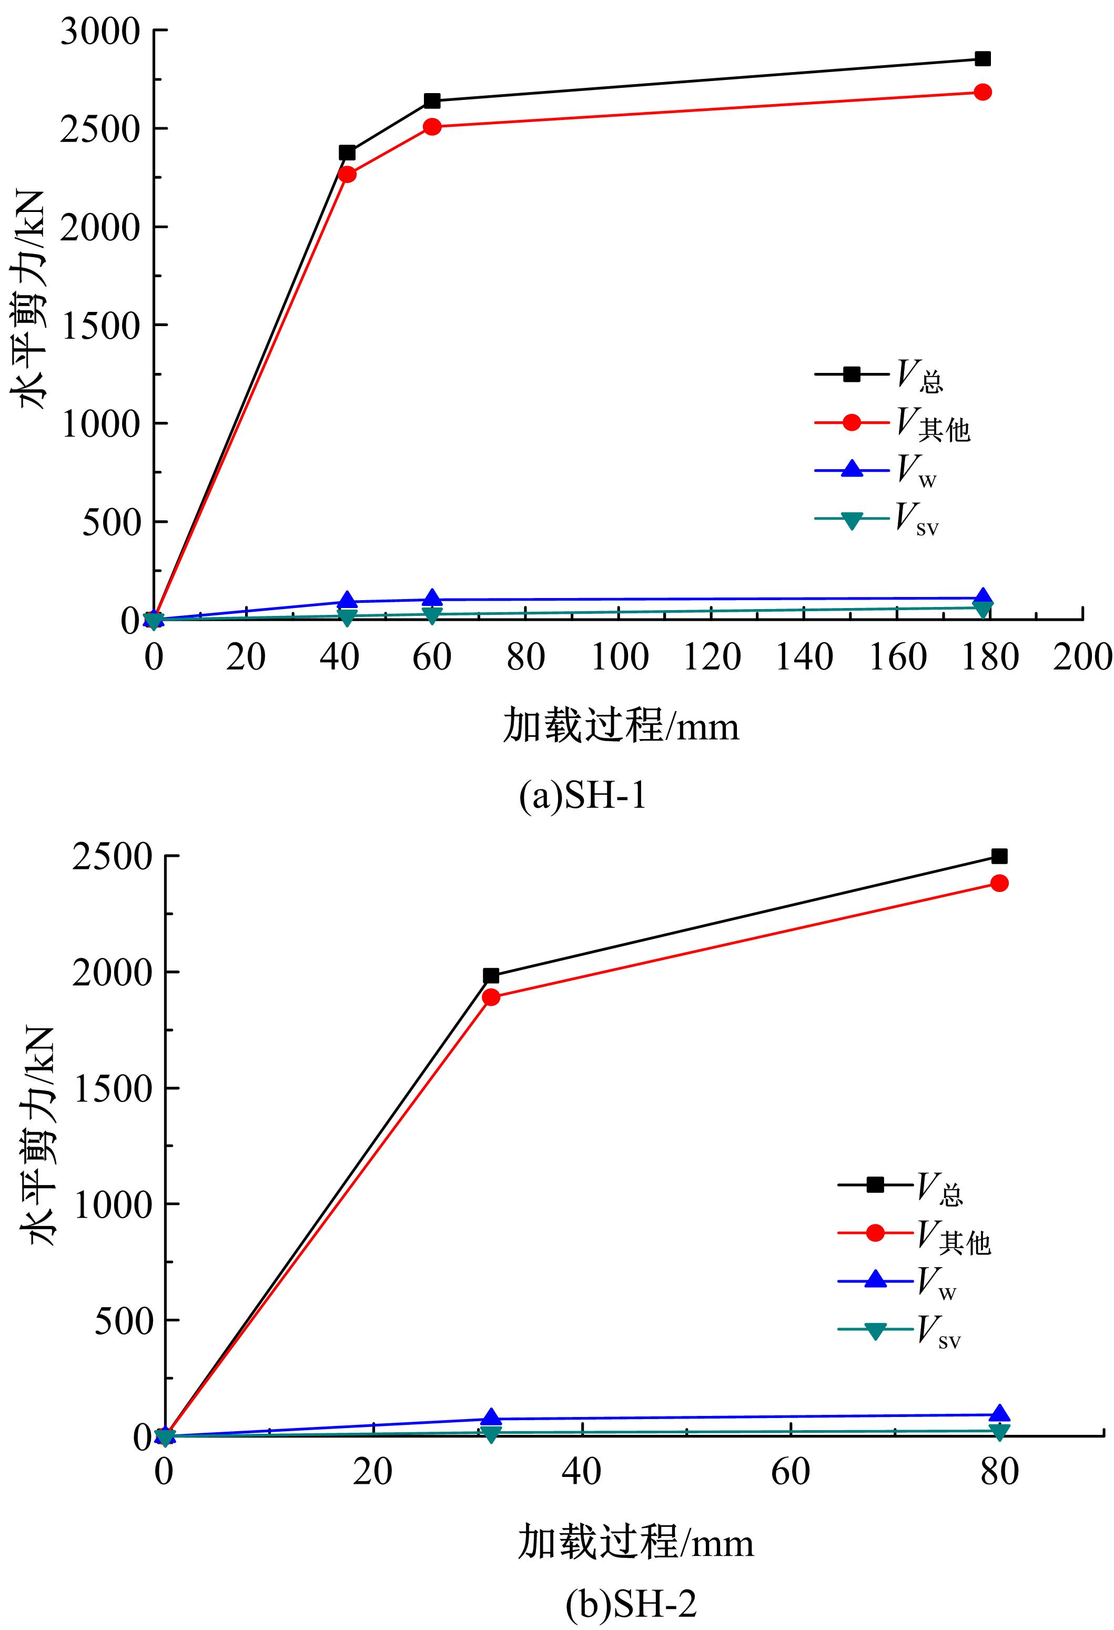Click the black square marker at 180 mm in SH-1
point(982,59)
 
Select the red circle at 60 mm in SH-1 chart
point(432,127)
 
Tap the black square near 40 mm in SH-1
point(347,153)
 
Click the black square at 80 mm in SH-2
point(999,856)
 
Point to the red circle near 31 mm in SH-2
point(491,997)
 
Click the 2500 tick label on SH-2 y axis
point(112,857)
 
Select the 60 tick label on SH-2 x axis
point(791,1472)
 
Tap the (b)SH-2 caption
point(631,1605)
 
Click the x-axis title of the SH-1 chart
point(621,726)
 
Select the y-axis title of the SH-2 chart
point(42,1136)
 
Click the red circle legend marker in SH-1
point(852,422)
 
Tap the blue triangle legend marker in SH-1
point(852,469)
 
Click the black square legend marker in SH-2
point(875,1184)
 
